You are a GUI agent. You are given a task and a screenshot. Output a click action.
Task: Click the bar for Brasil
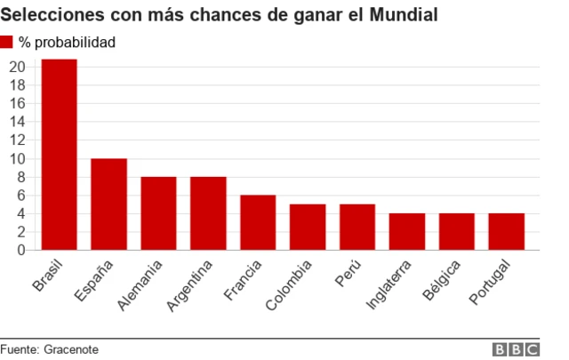click(x=60, y=155)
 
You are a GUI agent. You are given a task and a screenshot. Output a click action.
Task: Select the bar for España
click(x=109, y=204)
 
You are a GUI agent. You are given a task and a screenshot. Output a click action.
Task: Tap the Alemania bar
click(x=159, y=213)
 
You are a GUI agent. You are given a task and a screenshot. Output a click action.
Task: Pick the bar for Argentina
click(x=208, y=213)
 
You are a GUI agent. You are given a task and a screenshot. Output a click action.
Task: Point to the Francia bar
click(x=258, y=222)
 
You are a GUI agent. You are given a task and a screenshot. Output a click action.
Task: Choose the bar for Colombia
click(x=308, y=228)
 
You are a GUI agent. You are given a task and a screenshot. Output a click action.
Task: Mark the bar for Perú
click(x=357, y=228)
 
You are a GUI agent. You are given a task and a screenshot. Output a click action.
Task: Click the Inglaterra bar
click(x=407, y=232)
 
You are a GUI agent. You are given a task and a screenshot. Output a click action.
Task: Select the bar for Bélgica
click(x=457, y=232)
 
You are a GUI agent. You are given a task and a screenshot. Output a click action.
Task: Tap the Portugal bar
click(x=507, y=232)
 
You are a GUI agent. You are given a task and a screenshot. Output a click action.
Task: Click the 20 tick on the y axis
click(x=17, y=66)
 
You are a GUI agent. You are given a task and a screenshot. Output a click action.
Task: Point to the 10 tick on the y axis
click(x=17, y=158)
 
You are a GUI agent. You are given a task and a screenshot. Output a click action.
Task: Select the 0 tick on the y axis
click(x=21, y=250)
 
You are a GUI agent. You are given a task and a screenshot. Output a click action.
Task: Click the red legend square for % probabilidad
click(x=7, y=42)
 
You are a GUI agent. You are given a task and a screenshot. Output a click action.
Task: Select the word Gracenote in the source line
click(x=71, y=349)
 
